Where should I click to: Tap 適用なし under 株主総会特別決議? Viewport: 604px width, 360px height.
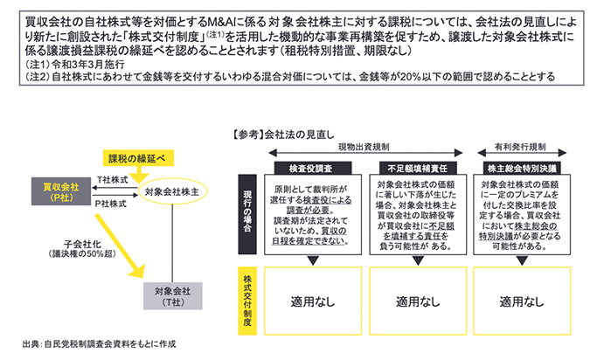click(x=516, y=301)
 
